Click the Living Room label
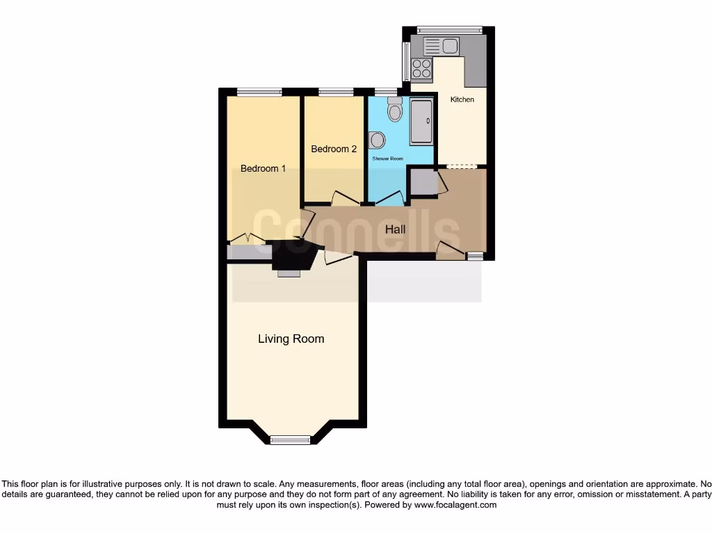291,339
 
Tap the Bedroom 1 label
263,168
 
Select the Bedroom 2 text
334,149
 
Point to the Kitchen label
462,99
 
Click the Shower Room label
387,159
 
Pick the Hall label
395,229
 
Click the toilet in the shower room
395,110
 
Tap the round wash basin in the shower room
377,140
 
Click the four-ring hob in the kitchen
421,68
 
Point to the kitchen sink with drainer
441,47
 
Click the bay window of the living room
290,439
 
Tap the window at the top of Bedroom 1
259,92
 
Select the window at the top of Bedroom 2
336,92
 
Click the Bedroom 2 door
345,197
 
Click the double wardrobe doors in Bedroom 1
247,238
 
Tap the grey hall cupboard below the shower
422,181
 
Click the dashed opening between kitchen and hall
461,166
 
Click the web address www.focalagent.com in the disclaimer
455,505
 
